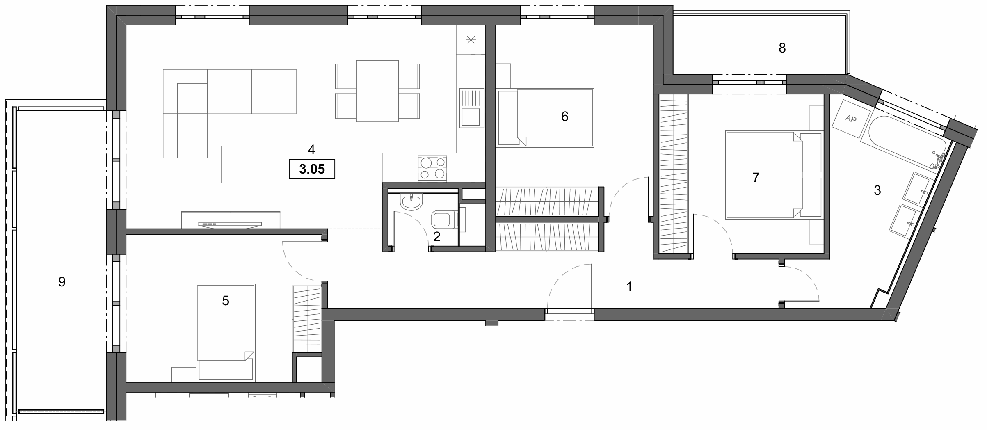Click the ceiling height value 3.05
click(312, 169)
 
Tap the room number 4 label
click(311, 150)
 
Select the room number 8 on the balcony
click(782, 48)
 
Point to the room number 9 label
click(62, 282)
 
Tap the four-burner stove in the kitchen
click(432, 168)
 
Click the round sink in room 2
click(411, 202)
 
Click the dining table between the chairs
click(377, 91)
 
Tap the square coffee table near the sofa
click(240, 164)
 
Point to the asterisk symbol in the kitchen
click(471, 40)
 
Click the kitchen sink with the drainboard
click(471, 107)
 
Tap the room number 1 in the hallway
click(629, 287)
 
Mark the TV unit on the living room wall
click(231, 220)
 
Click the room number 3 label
click(877, 190)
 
